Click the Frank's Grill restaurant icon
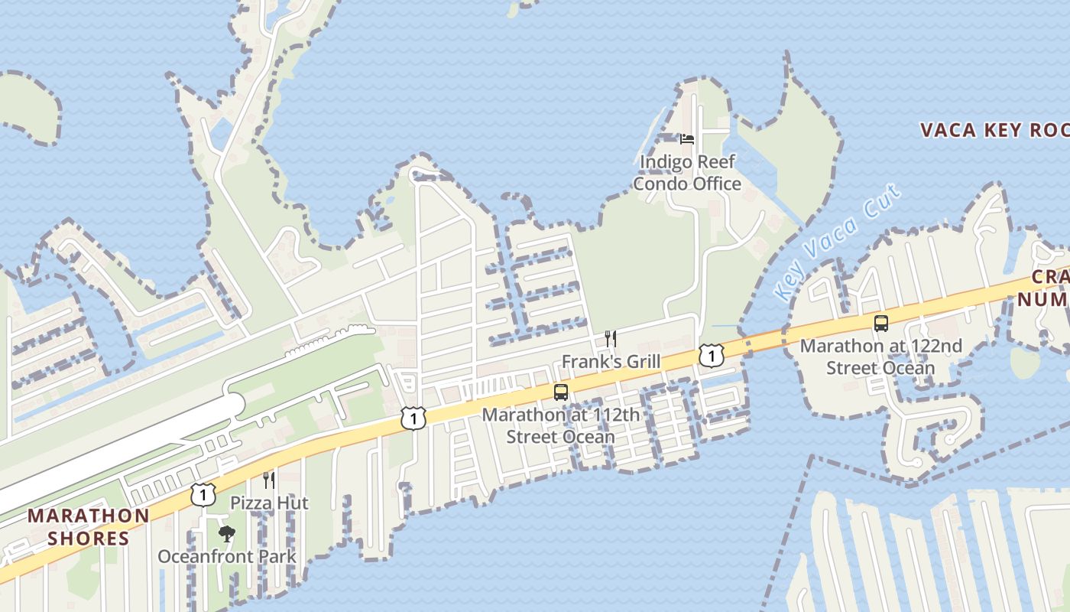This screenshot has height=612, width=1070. (x=610, y=339)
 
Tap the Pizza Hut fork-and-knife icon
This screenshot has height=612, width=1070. (x=268, y=480)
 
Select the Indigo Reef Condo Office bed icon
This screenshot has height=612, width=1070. (x=687, y=139)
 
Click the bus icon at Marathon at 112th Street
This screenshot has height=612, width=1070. (x=561, y=392)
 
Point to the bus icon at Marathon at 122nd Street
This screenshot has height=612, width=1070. (x=881, y=323)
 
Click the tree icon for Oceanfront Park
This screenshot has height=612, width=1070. (x=226, y=533)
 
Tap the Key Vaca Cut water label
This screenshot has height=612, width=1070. (x=838, y=242)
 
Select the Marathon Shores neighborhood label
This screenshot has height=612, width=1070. (x=88, y=527)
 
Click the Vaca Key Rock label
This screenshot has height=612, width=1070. (x=994, y=130)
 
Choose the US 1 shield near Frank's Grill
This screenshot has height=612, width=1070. (x=711, y=355)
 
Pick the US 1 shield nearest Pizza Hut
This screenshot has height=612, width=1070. (x=203, y=494)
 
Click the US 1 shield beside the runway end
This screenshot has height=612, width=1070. (x=413, y=418)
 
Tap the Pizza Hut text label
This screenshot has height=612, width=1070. (x=270, y=503)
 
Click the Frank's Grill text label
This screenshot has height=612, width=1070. (x=611, y=361)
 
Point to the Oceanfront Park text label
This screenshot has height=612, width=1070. (x=227, y=556)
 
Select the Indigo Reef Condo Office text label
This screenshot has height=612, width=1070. (x=687, y=173)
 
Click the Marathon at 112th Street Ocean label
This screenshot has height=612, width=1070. (x=561, y=426)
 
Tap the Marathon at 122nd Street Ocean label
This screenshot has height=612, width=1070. (x=880, y=356)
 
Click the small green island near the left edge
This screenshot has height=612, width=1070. (x=27, y=107)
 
